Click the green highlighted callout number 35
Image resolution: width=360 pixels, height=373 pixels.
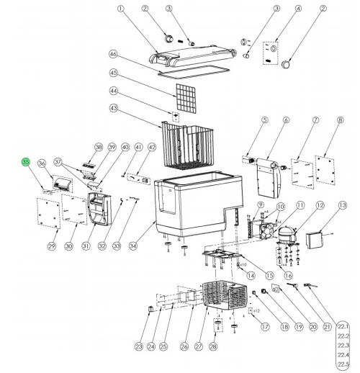(25, 163)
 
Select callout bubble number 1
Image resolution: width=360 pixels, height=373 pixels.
(120, 9)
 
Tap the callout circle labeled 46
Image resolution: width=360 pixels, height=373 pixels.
(113, 55)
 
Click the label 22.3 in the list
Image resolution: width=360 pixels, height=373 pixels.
(343, 345)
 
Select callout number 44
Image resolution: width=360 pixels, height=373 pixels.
(113, 91)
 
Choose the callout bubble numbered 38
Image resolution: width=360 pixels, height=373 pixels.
(99, 147)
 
